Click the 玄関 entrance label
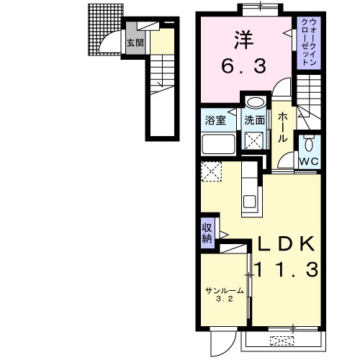click(135, 43)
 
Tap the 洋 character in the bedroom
click(243, 40)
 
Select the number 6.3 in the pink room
click(243, 66)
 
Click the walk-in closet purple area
click(309, 43)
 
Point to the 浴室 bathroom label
click(215, 120)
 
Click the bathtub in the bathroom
click(218, 144)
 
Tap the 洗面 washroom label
click(255, 120)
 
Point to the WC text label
click(309, 161)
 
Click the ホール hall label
click(282, 127)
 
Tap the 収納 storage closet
click(207, 233)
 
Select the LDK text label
click(286, 243)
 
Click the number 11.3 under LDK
click(286, 269)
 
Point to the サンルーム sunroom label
click(224, 291)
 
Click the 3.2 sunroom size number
click(225, 300)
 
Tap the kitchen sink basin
click(250, 202)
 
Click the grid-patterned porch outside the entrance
click(106, 30)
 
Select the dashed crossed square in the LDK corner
click(211, 171)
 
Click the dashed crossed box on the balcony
click(282, 341)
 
